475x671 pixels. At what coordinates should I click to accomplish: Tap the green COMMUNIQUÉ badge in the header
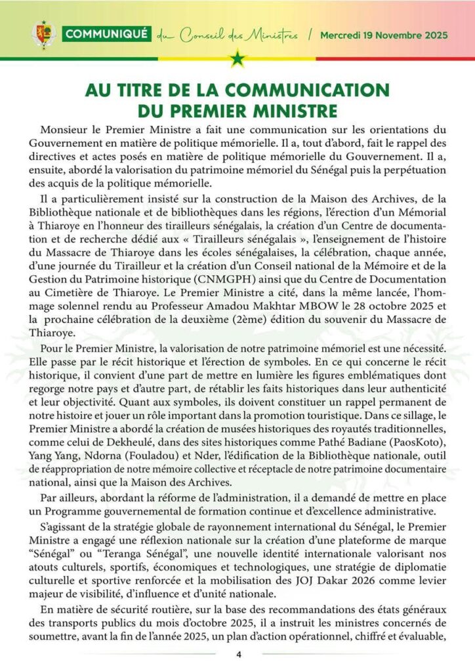(108, 35)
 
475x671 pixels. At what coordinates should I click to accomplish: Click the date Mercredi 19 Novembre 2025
(384, 35)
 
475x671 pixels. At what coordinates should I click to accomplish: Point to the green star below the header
(237, 61)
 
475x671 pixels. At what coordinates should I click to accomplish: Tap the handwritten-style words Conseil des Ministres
(239, 35)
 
